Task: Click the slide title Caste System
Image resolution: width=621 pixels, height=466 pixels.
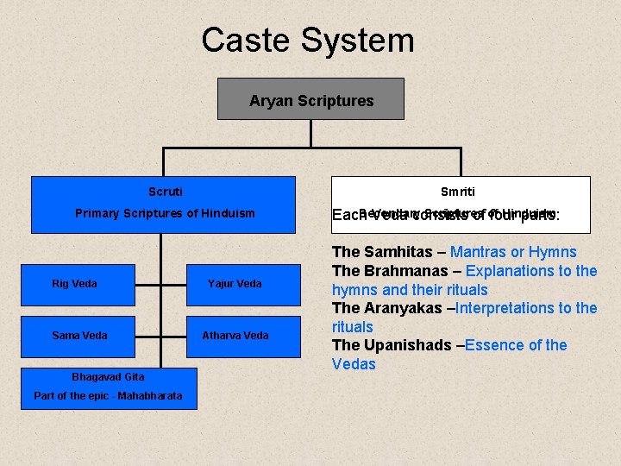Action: (x=308, y=41)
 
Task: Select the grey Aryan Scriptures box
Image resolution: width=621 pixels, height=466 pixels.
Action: (x=310, y=99)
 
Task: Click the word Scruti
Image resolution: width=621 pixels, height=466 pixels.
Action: (x=165, y=192)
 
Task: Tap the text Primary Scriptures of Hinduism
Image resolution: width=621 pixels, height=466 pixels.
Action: (x=165, y=213)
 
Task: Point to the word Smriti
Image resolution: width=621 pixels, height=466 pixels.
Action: (x=457, y=192)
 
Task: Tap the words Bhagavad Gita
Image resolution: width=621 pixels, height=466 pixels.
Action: (x=108, y=377)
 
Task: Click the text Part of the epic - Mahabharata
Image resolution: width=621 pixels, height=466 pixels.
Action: (x=108, y=396)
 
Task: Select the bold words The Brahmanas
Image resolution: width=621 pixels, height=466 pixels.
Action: (x=383, y=271)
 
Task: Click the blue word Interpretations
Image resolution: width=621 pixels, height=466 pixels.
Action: (x=511, y=308)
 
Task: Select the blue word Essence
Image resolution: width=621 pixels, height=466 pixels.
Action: (x=494, y=345)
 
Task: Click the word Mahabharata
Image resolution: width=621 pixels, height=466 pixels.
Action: (x=150, y=396)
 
